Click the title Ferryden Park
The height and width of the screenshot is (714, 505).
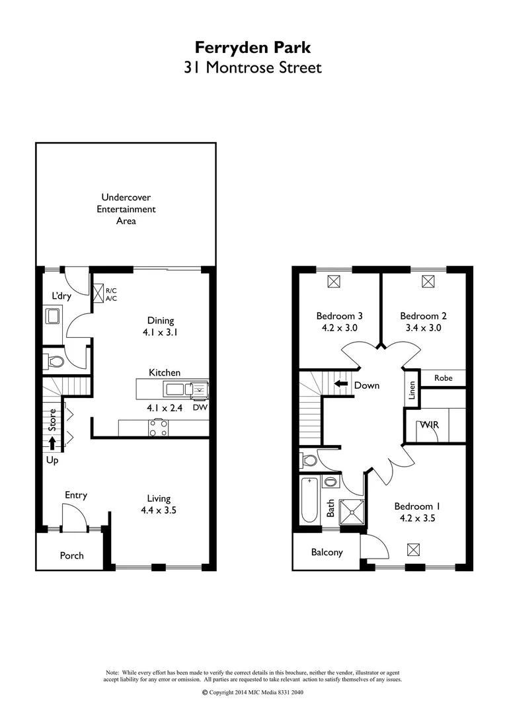[252, 47]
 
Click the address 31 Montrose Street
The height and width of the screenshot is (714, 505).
[252, 67]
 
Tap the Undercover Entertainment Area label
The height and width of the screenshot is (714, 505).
[126, 209]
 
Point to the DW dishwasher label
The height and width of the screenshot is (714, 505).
[200, 407]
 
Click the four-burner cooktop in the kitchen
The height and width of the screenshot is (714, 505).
[158, 428]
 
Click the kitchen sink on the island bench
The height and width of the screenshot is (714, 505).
[175, 389]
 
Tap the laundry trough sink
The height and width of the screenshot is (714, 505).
[53, 316]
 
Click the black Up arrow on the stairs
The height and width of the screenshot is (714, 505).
[52, 442]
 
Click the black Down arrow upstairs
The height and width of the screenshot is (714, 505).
[341, 384]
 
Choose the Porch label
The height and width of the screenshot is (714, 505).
[71, 555]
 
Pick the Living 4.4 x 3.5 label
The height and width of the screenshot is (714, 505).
[159, 504]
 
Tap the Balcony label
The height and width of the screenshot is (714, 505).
[327, 552]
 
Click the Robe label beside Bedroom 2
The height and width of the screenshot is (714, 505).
[444, 378]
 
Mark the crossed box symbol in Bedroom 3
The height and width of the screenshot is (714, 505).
[334, 282]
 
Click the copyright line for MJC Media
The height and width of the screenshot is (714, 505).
[252, 692]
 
